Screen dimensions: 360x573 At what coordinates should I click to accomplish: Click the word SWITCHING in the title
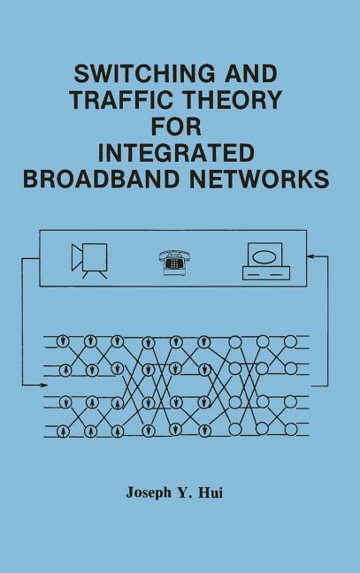pyautogui.click(x=144, y=73)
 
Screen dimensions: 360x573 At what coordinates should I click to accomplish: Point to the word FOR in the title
pyautogui.click(x=176, y=126)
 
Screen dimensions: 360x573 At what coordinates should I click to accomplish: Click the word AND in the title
pyautogui.click(x=251, y=73)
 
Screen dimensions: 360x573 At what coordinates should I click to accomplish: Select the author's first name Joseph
pyautogui.click(x=149, y=493)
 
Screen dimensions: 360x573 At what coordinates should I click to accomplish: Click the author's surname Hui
pyautogui.click(x=211, y=493)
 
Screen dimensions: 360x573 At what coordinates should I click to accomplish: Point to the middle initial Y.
pyautogui.click(x=183, y=493)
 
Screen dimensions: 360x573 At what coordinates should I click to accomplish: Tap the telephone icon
pyautogui.click(x=175, y=262)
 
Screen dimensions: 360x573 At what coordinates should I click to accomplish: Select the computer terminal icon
pyautogui.click(x=266, y=261)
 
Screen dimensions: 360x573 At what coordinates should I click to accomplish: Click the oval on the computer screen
pyautogui.click(x=264, y=256)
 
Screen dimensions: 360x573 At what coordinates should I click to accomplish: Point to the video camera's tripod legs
pyautogui.click(x=95, y=275)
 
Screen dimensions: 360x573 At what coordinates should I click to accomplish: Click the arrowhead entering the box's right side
pyautogui.click(x=310, y=256)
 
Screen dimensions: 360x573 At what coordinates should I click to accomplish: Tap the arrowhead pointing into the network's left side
pyautogui.click(x=43, y=385)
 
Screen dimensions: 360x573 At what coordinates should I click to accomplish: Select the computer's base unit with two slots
pyautogui.click(x=266, y=273)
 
